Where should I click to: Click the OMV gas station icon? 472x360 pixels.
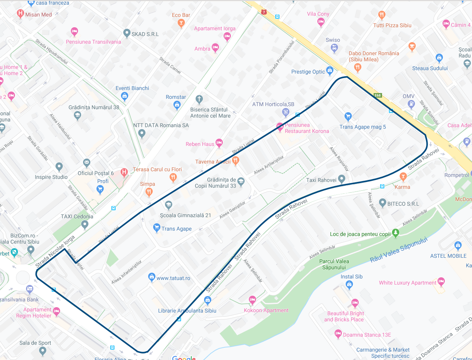[411, 103]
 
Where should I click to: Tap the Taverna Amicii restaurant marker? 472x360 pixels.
[236, 161]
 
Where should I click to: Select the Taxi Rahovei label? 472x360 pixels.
[321, 180]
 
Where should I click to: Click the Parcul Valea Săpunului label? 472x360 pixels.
[335, 264]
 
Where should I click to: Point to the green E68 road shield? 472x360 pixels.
[379, 95]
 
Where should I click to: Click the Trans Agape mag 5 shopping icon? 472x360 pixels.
[348, 116]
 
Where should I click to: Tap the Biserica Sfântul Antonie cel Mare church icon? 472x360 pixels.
[199, 99]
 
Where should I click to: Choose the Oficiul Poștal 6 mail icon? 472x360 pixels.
[87, 163]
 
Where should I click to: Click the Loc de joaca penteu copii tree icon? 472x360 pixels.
[396, 232]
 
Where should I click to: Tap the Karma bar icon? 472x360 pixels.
[403, 177]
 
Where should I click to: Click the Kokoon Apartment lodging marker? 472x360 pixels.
[252, 300]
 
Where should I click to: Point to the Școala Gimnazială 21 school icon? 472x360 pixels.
[168, 205]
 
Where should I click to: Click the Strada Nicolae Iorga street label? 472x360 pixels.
[55, 252]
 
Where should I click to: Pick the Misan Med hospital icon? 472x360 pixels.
[20, 14]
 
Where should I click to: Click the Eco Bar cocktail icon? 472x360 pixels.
[181, 23]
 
